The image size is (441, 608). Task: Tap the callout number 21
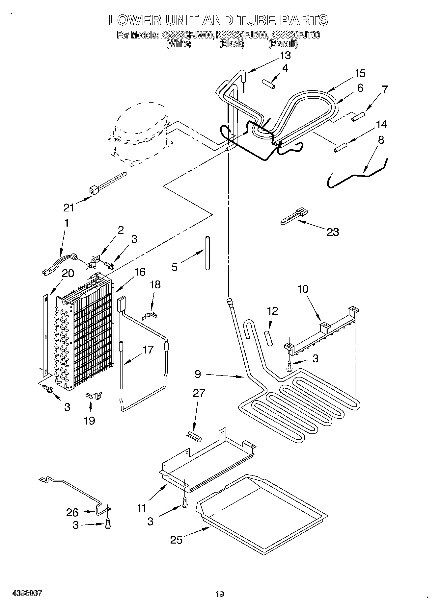coord(69,207)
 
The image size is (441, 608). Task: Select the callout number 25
coord(177,540)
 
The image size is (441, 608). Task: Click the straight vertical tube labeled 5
coord(207,253)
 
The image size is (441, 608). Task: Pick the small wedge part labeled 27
coord(194,435)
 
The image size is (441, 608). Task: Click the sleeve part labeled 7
coord(358,117)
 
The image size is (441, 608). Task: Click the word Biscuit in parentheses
coord(283,44)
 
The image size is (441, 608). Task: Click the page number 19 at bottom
coord(220,594)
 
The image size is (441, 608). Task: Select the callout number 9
coord(198,374)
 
